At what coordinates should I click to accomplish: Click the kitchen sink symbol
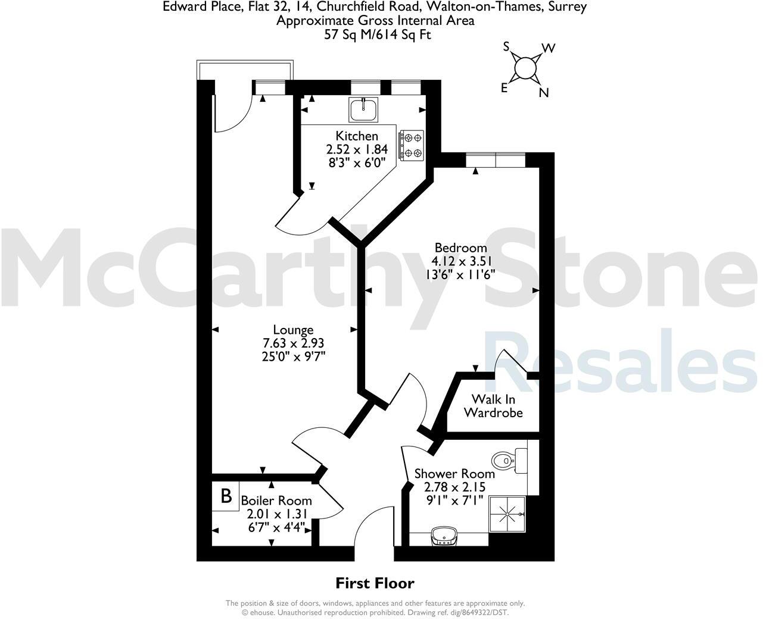(363, 110)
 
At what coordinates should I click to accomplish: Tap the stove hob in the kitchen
(412, 145)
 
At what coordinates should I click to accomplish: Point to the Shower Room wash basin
(444, 536)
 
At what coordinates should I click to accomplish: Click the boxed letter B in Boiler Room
(226, 496)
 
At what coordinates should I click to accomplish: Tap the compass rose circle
(524, 68)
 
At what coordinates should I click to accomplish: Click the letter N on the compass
(544, 92)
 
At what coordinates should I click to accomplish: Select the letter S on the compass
(507, 46)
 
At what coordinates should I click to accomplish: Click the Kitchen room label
(357, 136)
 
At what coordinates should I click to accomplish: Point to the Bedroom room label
(460, 248)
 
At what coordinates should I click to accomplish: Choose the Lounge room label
(293, 330)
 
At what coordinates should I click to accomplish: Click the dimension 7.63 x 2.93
(293, 343)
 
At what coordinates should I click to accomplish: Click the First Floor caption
(375, 583)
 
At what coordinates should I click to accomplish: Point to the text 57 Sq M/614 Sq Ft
(375, 35)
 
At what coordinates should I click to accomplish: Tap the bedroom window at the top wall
(496, 161)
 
